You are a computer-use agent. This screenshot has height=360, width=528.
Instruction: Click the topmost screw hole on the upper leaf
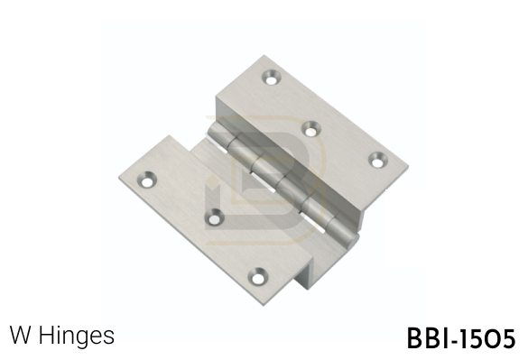click(272, 77)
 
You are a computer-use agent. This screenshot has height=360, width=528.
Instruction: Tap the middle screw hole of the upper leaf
click(310, 129)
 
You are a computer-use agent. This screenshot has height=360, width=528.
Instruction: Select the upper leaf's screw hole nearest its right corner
click(378, 160)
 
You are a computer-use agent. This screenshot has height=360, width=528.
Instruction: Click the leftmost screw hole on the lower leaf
click(147, 180)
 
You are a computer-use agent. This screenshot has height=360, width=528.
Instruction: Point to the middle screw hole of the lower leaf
click(214, 217)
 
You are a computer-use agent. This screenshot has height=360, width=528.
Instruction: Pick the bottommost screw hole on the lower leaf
click(258, 276)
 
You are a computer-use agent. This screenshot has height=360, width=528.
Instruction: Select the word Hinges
click(77, 336)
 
